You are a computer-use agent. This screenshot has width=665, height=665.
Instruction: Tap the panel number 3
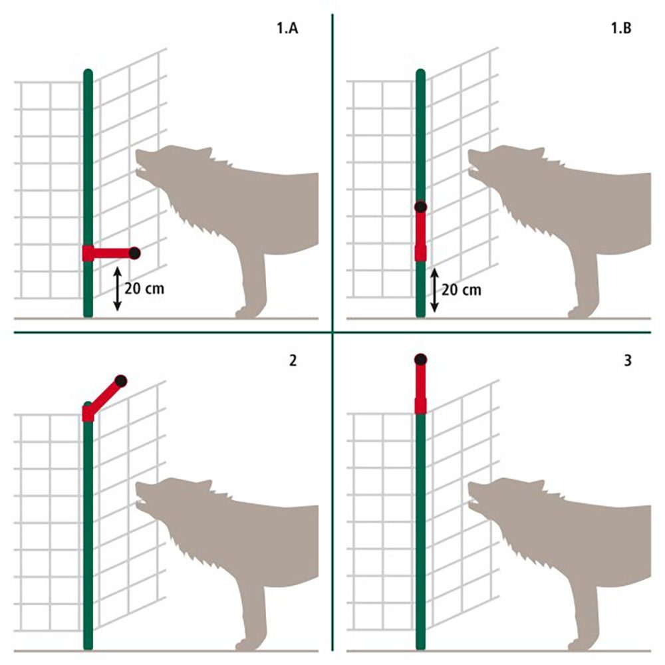627,360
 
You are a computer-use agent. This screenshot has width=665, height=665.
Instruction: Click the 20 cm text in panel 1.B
462,290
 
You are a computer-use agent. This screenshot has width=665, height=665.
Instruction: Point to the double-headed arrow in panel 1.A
117,289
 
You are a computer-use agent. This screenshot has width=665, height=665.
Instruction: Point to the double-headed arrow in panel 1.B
434,290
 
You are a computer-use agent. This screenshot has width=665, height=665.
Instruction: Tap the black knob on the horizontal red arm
134,253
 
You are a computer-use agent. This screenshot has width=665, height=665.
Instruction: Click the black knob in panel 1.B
420,207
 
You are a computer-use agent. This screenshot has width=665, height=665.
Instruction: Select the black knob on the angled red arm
120,381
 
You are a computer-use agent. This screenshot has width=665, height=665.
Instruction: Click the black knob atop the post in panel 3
420,360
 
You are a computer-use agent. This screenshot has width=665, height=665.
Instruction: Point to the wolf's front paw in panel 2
245,644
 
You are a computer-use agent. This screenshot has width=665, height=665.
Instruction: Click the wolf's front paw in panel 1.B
577,311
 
